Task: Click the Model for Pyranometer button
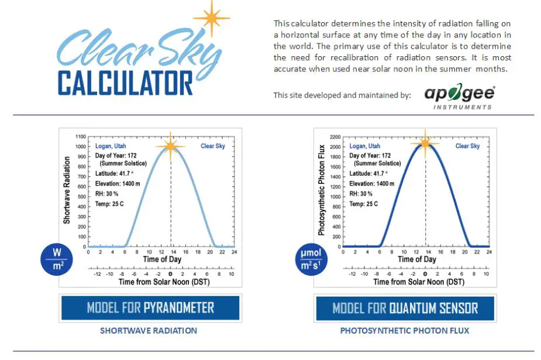(150, 307)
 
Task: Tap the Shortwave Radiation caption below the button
(149, 331)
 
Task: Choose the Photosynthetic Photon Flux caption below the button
(405, 331)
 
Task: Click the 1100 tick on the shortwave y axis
(81, 137)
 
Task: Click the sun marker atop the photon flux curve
(425, 143)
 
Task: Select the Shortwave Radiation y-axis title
(67, 190)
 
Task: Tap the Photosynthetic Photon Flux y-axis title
(321, 190)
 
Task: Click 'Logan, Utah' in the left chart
(111, 146)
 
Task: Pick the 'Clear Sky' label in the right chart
(467, 146)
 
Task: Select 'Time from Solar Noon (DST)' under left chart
(164, 282)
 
